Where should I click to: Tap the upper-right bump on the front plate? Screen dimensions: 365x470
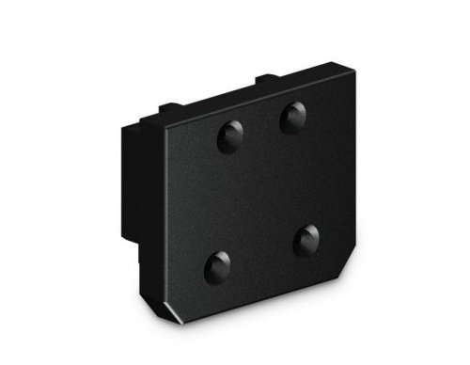coord(293,117)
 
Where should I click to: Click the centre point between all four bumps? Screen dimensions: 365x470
coord(262,191)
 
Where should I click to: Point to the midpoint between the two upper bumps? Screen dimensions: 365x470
coord(261,128)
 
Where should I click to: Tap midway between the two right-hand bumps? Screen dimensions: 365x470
coord(300,180)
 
